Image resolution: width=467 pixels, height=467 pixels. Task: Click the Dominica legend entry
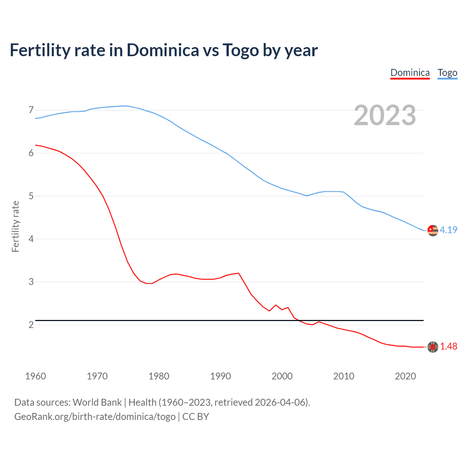[x=410, y=73]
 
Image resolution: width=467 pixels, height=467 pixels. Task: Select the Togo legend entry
[x=447, y=73]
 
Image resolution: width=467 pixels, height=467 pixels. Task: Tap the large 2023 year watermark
[x=385, y=115]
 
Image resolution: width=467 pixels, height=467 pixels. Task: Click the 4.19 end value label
[x=448, y=230]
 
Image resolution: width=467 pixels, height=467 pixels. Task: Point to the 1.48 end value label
[x=448, y=346]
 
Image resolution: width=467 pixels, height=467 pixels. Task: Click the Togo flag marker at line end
[x=433, y=230]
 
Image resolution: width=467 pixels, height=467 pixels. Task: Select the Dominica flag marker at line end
[x=433, y=347]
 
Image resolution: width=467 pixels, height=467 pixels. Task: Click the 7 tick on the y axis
[x=31, y=110]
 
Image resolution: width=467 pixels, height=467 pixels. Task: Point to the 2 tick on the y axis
[x=31, y=325]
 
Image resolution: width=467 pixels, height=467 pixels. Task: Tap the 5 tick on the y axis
[x=31, y=196]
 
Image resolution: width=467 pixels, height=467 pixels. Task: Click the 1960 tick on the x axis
[x=35, y=376]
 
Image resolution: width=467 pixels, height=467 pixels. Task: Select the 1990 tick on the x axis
[x=220, y=376]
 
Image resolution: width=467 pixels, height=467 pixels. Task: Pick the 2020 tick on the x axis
[x=405, y=376]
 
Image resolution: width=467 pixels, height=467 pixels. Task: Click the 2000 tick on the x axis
[x=282, y=376]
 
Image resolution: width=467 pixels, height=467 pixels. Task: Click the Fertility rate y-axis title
[x=15, y=226]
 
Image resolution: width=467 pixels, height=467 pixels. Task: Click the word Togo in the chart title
[x=241, y=50]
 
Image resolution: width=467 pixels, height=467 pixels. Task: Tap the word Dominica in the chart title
[x=163, y=50]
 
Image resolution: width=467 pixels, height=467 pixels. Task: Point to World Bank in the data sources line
[x=97, y=402]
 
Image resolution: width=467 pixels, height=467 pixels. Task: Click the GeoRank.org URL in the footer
[x=95, y=417]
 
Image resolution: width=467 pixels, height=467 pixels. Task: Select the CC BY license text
[x=196, y=417]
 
